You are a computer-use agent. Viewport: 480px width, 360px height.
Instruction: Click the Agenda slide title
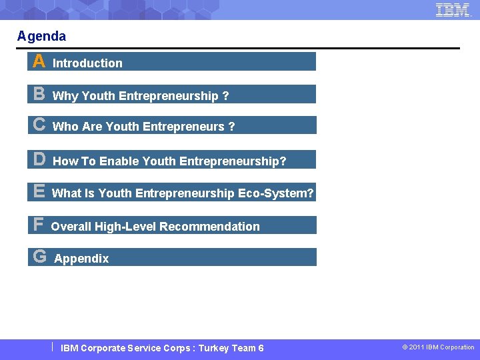pos(41,36)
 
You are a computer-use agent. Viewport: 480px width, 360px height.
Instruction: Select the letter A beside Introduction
pos(39,62)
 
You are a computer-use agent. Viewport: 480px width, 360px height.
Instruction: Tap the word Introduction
pos(87,63)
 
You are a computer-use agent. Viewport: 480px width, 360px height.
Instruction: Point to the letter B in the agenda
pos(39,94)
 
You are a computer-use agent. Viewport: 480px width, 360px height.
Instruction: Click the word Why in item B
pos(65,96)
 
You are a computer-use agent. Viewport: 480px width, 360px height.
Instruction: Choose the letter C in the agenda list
pos(39,125)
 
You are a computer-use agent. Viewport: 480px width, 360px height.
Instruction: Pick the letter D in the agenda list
pos(39,159)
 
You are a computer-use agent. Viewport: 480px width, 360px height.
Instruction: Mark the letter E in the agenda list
pos(39,192)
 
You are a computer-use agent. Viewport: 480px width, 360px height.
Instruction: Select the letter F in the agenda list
pos(39,225)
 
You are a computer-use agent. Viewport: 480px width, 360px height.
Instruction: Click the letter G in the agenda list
pos(39,257)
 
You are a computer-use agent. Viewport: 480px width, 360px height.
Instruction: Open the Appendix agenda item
pos(81,259)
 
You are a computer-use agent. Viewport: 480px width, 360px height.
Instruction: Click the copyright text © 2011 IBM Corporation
pos(438,347)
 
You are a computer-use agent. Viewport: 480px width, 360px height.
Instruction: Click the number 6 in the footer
pos(261,348)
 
